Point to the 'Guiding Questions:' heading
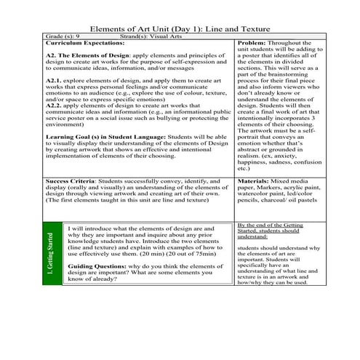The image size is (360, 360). point(100,267)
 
